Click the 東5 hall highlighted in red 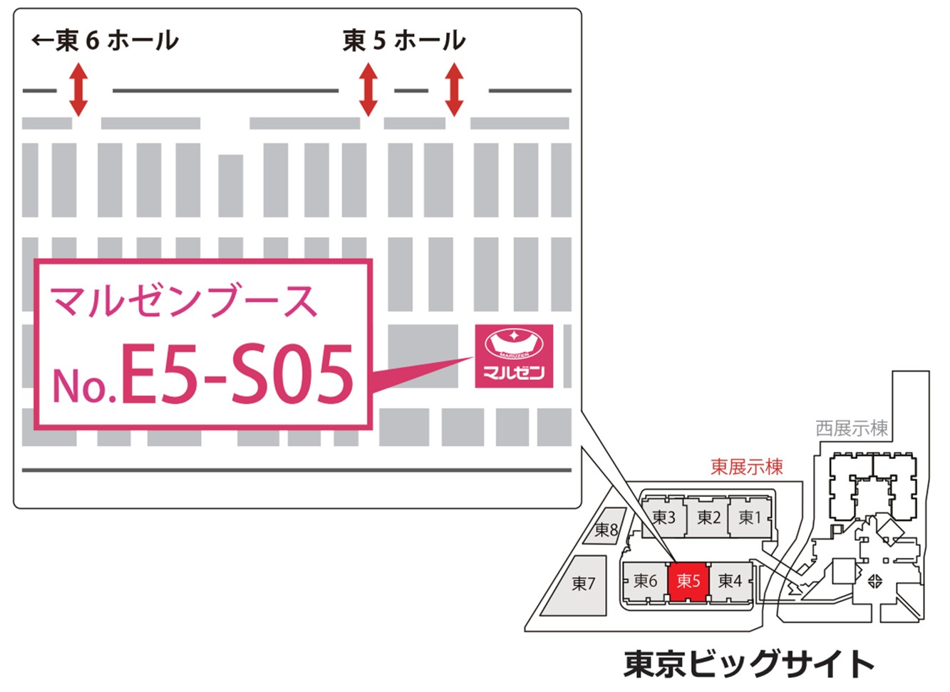point(688,581)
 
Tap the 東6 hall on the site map point(645,582)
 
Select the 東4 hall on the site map point(730,582)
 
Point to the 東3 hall point(664,517)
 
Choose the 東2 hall point(708,517)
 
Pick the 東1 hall point(750,517)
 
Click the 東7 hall point(583,584)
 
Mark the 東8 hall point(606,529)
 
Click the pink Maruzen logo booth point(514,356)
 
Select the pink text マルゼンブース point(183,301)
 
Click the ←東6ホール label point(105,41)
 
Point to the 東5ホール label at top point(403,41)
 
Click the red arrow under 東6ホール point(78,90)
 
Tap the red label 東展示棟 point(746,467)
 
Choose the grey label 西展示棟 point(852,428)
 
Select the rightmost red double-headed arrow point(454,90)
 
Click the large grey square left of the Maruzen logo point(423,356)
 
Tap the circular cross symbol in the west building point(875,581)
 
